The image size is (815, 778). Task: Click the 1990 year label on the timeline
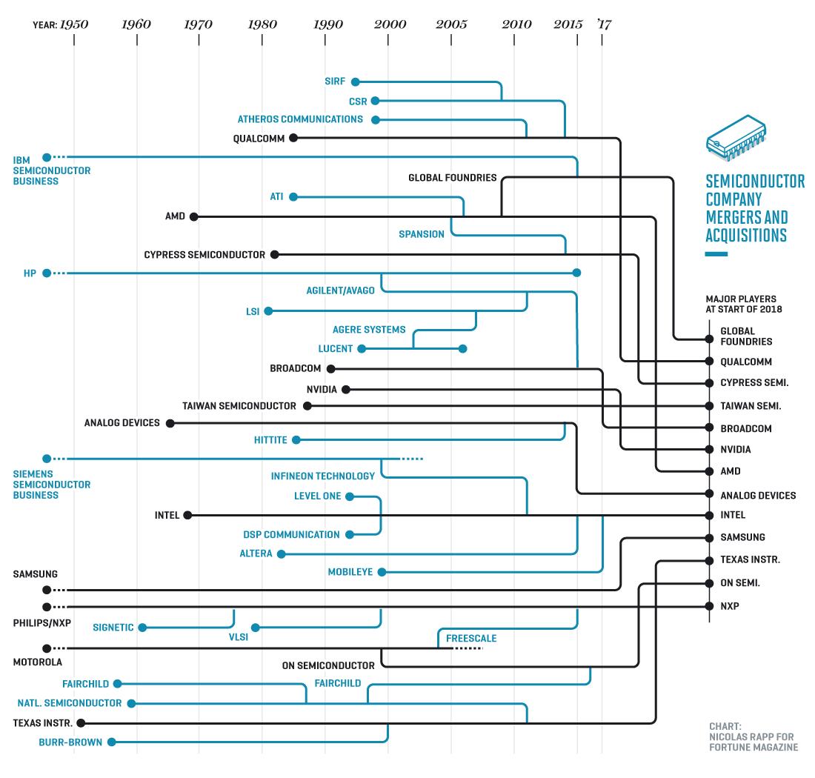(328, 24)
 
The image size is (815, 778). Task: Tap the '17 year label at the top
(605, 24)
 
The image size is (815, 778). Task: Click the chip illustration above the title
(736, 138)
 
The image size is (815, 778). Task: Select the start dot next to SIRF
(356, 82)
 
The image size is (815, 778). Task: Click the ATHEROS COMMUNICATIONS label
(300, 119)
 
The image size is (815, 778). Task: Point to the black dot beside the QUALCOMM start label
(293, 138)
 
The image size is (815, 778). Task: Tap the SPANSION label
(422, 234)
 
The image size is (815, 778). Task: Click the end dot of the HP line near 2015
(576, 273)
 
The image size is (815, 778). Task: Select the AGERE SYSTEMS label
(369, 330)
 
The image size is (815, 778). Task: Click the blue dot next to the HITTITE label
(296, 440)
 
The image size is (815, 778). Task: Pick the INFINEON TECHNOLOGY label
(323, 476)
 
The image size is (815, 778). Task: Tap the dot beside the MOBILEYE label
(382, 572)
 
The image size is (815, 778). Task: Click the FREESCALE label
(471, 638)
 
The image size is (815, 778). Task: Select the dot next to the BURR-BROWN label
(111, 742)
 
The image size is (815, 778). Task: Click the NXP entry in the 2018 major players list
(730, 606)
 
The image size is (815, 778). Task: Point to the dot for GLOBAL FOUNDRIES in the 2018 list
(710, 339)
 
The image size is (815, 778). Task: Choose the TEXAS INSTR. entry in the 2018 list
(750, 559)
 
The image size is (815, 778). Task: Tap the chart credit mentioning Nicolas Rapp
(754, 737)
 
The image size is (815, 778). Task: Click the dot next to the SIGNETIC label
(142, 628)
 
